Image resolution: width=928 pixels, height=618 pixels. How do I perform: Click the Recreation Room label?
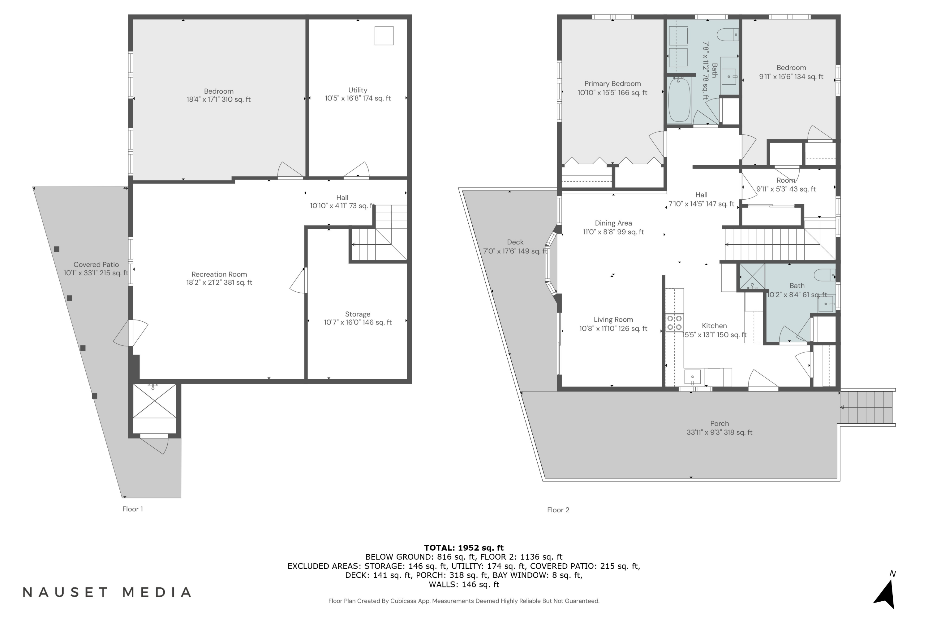tap(219, 274)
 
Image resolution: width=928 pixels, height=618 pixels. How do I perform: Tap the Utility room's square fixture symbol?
tap(384, 36)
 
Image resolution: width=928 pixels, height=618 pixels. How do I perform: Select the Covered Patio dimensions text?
tap(96, 273)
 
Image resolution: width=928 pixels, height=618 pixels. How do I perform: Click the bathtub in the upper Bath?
tap(679, 100)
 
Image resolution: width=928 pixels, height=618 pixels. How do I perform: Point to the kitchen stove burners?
tap(674, 322)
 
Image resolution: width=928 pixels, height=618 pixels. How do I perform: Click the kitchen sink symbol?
tap(693, 377)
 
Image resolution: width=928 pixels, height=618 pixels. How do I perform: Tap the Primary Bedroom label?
tap(612, 83)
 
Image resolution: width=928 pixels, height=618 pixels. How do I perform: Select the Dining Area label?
tap(613, 223)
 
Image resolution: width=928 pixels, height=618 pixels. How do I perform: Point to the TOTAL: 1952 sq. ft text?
tap(464, 548)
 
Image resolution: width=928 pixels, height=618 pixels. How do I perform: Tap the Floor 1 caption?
tap(133, 509)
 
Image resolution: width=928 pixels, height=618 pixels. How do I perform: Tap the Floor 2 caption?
tap(558, 510)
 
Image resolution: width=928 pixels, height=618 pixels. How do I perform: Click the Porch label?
tap(719, 424)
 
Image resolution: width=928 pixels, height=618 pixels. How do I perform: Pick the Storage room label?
tap(358, 314)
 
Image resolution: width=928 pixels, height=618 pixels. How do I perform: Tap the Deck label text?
tap(515, 242)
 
